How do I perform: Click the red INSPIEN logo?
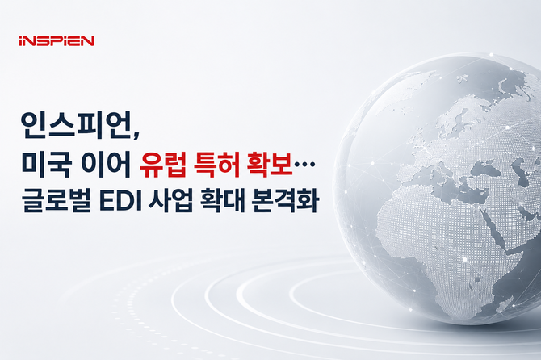point(57,40)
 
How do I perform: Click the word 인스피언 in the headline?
point(76,125)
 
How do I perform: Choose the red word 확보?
point(270,163)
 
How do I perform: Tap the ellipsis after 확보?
point(304,165)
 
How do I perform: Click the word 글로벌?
point(57,200)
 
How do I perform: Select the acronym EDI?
point(121,200)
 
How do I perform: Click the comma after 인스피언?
point(136,136)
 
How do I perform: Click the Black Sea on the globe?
point(486,169)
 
